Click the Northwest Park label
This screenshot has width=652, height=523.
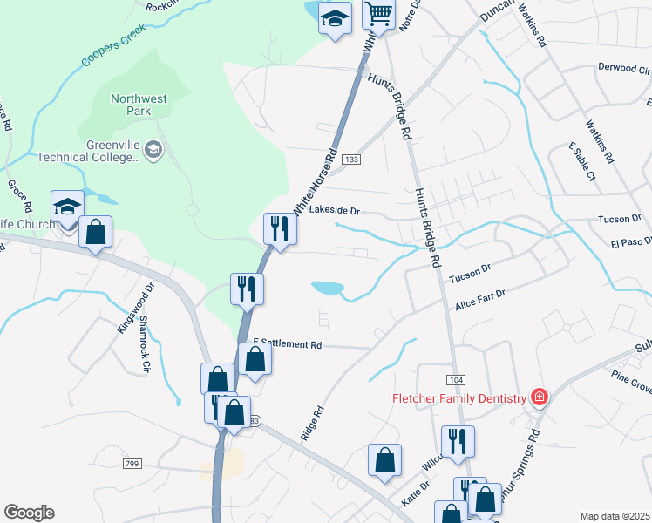pyautogui.click(x=139, y=105)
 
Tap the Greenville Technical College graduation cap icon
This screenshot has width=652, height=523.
pyautogui.click(x=153, y=150)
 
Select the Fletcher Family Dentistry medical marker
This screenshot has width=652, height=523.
pyautogui.click(x=540, y=398)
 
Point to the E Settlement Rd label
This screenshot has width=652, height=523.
pyautogui.click(x=288, y=345)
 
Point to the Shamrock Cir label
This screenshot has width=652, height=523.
pyautogui.click(x=142, y=344)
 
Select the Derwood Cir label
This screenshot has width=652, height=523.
pyautogui.click(x=624, y=68)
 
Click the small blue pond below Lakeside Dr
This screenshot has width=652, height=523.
pyautogui.click(x=327, y=287)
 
